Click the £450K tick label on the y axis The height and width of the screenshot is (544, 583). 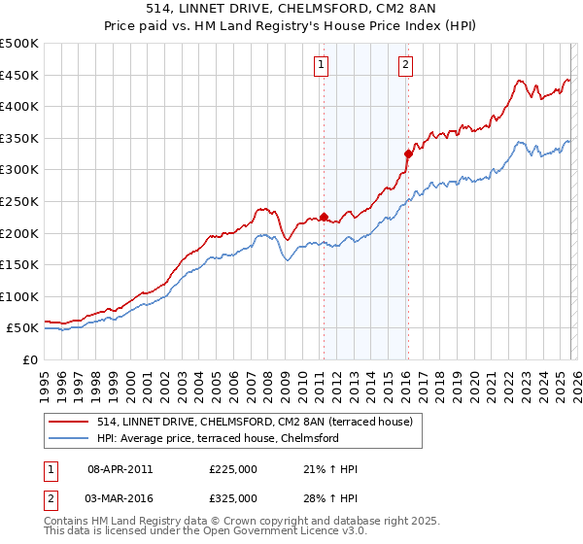point(19,75)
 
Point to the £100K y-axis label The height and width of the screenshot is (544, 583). point(19,296)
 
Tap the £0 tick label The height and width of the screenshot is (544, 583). point(29,359)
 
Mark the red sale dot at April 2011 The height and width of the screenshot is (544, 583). point(324,217)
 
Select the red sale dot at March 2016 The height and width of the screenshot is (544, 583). point(408,153)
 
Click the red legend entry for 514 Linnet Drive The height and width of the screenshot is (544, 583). point(256,422)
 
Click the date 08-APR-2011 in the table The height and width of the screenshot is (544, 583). point(120,469)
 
